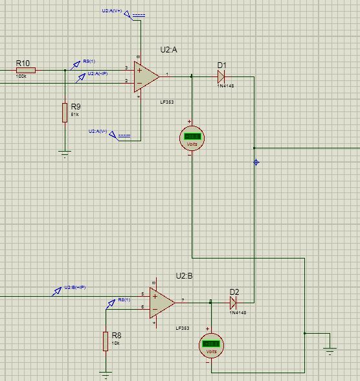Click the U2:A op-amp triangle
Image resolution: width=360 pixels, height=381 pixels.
146,76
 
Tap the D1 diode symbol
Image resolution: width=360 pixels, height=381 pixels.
221,76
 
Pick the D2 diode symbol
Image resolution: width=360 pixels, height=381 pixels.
234,302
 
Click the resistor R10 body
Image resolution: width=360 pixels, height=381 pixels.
26,70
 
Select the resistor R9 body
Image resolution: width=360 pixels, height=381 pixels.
65,112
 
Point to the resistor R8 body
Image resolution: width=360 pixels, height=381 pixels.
106,341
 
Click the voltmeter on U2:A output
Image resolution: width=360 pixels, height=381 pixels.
192,137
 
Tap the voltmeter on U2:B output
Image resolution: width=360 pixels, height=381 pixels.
210,345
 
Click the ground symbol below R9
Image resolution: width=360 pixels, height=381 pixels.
65,154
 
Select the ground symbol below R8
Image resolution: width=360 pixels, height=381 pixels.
106,374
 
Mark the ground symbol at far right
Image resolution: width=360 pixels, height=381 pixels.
330,351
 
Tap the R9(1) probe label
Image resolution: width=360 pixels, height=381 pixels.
89,62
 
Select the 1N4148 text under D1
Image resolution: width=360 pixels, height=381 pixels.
226,86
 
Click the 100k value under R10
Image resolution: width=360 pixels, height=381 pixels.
21,76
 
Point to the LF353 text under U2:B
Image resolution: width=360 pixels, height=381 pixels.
182,329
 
